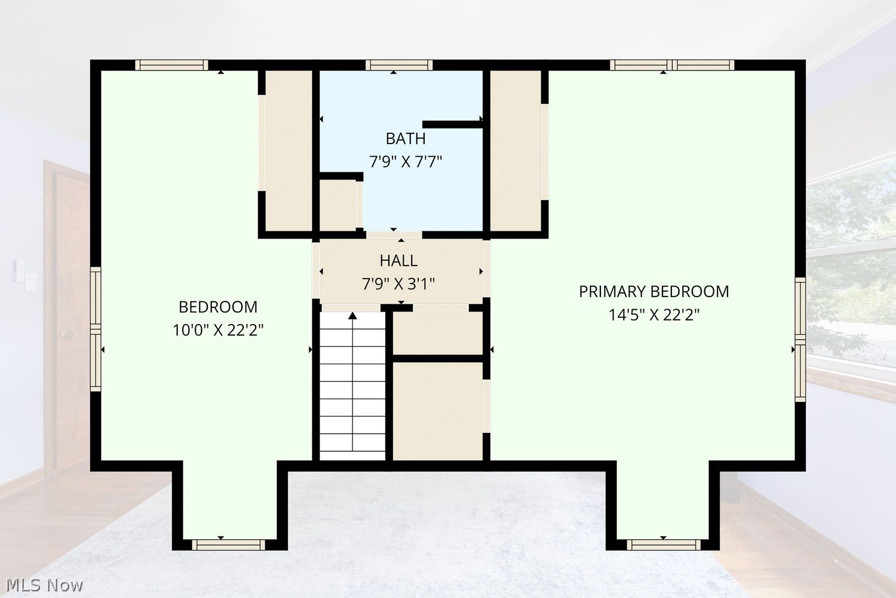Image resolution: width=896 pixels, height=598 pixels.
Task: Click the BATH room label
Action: [405, 139]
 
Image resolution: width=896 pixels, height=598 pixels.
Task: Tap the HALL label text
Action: [398, 261]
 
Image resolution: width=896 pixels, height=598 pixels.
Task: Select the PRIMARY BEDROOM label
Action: [654, 292]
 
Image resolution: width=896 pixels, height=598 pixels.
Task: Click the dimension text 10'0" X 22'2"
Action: [218, 331]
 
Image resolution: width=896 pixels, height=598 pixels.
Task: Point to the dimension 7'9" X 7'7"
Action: [405, 162]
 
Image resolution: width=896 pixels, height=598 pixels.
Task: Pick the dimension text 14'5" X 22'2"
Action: [654, 315]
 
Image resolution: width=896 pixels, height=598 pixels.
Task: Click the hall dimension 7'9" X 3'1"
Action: [398, 284]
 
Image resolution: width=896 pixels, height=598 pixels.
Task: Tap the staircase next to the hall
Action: [352, 386]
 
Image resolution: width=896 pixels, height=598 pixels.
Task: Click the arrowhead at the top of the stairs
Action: [352, 316]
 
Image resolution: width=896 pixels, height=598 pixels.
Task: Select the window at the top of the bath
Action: [399, 65]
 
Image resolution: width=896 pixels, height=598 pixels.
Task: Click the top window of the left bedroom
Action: [171, 65]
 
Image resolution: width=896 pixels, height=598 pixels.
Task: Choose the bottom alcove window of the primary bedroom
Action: [664, 545]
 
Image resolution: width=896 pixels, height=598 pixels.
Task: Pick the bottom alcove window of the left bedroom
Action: [228, 545]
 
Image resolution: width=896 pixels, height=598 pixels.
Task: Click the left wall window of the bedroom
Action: [96, 329]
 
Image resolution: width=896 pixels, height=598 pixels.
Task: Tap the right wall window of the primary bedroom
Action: [800, 340]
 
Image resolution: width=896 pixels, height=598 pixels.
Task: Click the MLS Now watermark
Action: [44, 585]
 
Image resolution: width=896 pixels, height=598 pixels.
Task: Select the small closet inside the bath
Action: [338, 205]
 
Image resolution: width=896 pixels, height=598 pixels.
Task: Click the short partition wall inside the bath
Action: [452, 124]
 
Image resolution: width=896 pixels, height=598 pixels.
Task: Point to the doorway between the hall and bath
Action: [394, 234]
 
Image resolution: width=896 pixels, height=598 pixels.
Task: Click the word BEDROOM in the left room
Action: [218, 307]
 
